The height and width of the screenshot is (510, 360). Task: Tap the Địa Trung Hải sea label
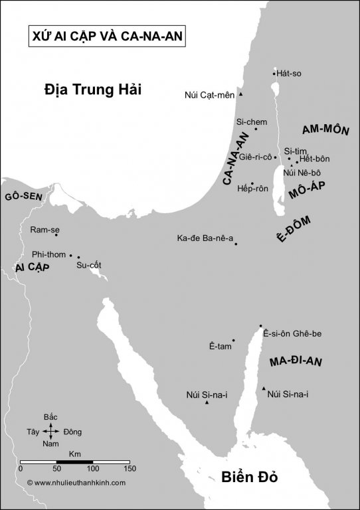(94, 88)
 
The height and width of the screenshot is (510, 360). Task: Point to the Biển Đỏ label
(248, 477)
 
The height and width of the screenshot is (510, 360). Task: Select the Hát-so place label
(289, 73)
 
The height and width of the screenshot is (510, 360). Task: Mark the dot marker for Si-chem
(256, 129)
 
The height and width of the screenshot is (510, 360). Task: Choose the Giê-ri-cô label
(254, 157)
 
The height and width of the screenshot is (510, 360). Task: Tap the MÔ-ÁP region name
(308, 191)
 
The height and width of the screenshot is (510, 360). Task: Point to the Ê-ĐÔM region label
(293, 230)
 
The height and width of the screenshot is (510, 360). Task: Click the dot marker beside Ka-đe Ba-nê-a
(236, 244)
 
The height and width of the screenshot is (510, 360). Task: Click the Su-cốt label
(88, 266)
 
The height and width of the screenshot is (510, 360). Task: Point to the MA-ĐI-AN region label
(296, 362)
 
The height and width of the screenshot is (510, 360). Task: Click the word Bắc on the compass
(50, 416)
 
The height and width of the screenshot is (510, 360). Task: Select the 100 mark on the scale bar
(92, 469)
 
